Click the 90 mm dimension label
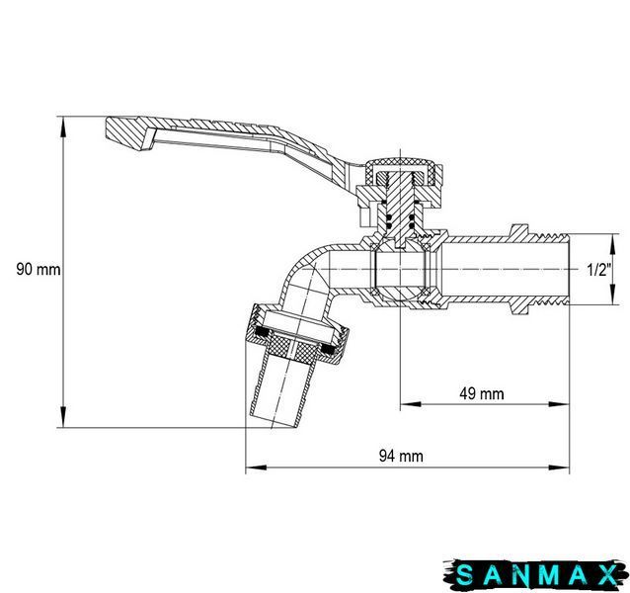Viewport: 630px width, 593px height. pos(39,269)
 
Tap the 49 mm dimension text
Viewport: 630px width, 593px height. pos(481,393)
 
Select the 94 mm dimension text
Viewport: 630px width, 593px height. pos(401,456)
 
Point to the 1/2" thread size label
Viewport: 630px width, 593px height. pos(598,270)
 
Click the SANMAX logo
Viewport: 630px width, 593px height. pos(536,574)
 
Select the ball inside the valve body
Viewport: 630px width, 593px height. pos(400,269)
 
